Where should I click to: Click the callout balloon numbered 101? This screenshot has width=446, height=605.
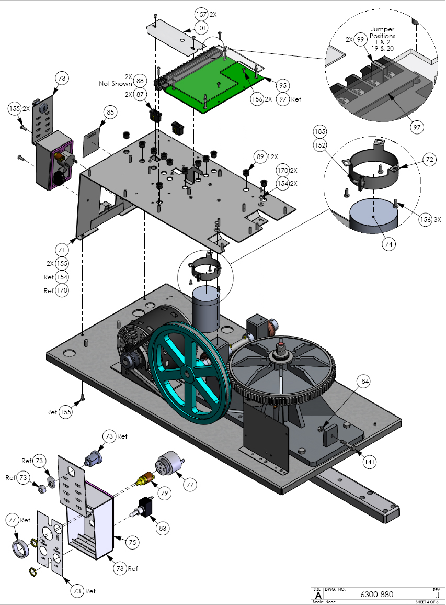(201, 27)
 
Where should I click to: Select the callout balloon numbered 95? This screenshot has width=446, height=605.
(283, 85)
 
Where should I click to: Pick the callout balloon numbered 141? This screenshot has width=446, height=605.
(369, 462)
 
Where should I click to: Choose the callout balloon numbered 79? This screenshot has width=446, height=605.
(165, 494)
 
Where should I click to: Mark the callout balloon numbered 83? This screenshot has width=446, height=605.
(163, 529)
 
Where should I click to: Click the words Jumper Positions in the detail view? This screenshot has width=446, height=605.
(383, 32)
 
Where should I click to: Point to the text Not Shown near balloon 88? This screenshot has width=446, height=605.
(115, 84)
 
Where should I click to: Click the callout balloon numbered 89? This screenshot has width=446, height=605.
(259, 156)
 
